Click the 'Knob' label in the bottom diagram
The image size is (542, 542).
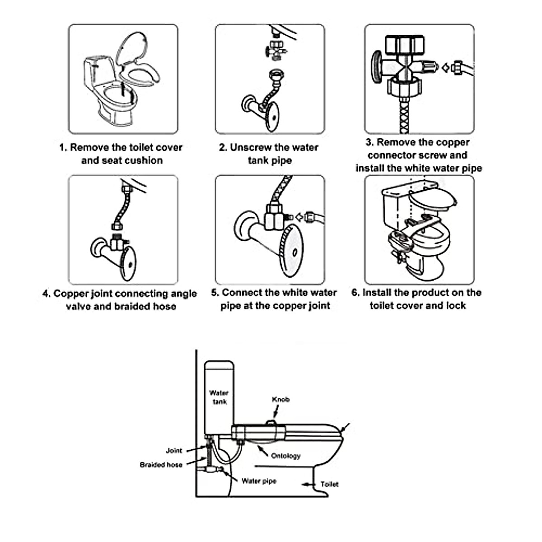[280, 399]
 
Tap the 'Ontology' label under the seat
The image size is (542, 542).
[285, 456]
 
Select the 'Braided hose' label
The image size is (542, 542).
[161, 465]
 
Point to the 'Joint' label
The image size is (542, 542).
[174, 450]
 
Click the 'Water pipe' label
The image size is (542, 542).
[259, 481]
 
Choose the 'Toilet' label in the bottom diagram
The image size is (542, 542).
[329, 484]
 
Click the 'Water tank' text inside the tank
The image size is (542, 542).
[219, 397]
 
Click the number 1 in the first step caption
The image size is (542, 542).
[62, 148]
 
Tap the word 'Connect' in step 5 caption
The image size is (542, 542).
[243, 293]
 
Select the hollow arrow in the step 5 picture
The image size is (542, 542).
[299, 217]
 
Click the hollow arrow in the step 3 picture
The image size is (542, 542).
[445, 68]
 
